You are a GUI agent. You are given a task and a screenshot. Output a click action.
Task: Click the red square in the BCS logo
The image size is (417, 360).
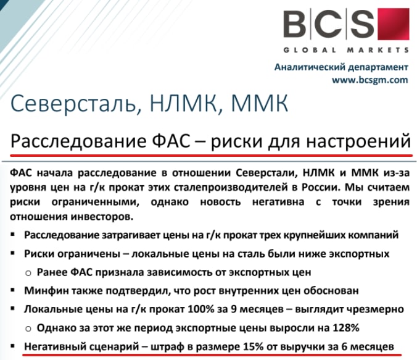(x=394, y=24)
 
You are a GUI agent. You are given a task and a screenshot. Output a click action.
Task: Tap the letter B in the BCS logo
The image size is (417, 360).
(x=295, y=24)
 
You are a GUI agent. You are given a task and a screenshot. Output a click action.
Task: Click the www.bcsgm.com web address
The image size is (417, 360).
(x=370, y=80)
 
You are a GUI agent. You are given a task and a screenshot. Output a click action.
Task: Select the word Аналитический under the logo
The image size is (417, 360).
(x=309, y=67)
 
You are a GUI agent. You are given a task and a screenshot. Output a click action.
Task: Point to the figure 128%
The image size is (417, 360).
(x=346, y=328)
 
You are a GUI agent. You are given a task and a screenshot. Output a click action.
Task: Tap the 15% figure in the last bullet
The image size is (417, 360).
(x=253, y=346)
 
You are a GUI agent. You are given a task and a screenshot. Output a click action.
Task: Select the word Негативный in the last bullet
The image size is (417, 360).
(x=55, y=346)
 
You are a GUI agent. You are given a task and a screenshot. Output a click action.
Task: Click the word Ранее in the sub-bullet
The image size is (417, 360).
(x=52, y=272)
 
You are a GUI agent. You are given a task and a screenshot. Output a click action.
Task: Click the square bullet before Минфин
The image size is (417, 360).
(x=12, y=290)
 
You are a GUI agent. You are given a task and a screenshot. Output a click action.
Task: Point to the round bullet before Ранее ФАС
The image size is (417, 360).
(x=28, y=274)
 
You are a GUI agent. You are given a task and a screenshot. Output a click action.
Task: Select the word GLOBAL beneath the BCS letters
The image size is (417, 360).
(x=310, y=50)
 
